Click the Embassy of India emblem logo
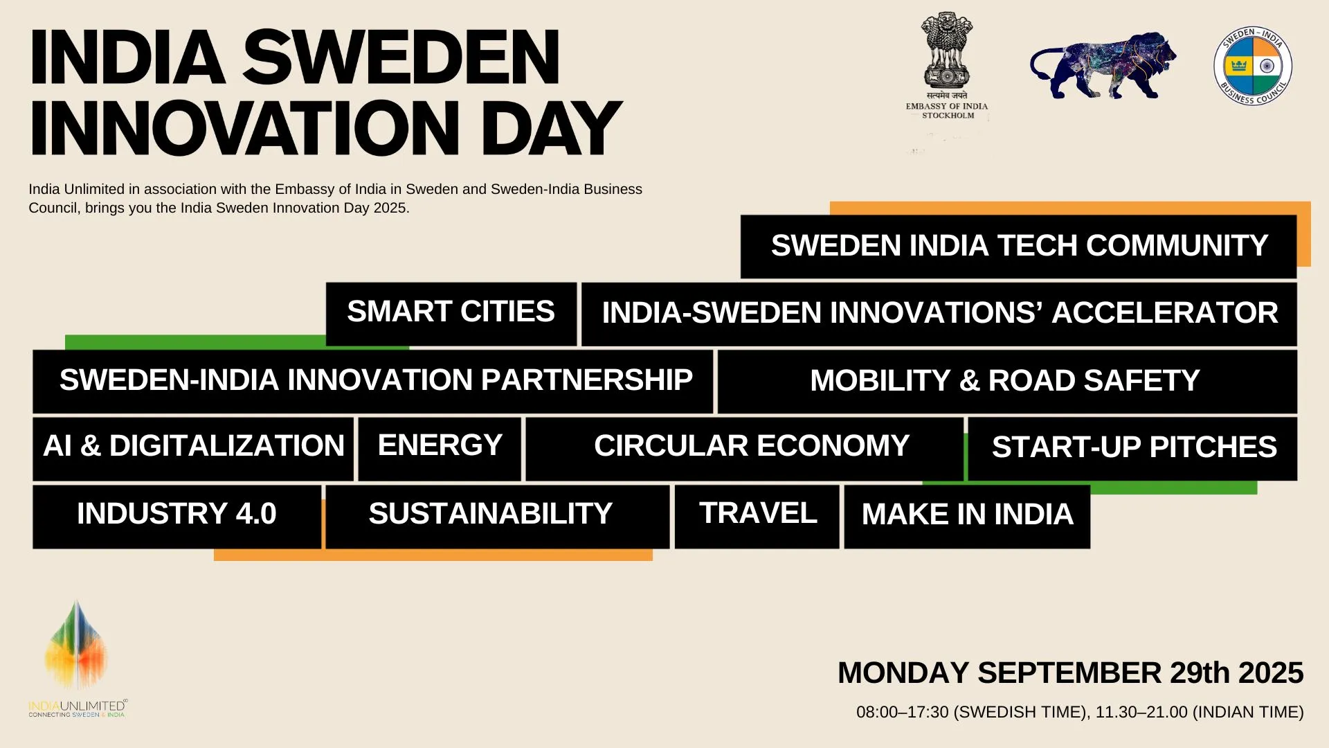click(x=947, y=66)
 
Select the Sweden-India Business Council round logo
click(x=1253, y=66)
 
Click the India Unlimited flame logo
click(x=77, y=658)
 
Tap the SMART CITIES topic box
click(x=451, y=313)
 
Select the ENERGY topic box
click(x=440, y=448)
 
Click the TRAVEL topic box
click(x=757, y=516)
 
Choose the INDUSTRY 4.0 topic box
click(x=177, y=516)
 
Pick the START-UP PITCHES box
click(x=1132, y=448)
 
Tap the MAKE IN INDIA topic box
click(x=967, y=516)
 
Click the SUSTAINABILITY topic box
click(x=498, y=516)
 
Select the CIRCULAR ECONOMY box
click(x=744, y=448)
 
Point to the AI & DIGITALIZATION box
click(x=193, y=448)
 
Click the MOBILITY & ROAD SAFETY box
click(x=1007, y=381)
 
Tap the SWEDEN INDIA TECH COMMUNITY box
click(x=1018, y=247)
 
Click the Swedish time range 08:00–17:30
click(x=902, y=712)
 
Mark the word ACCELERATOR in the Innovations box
click(x=1165, y=313)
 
